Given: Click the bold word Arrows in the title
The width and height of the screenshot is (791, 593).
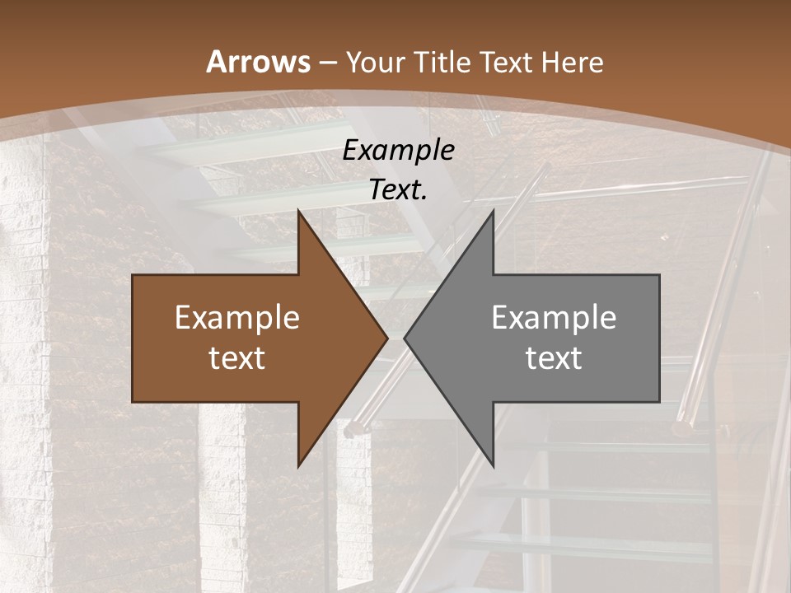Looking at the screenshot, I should click(259, 62).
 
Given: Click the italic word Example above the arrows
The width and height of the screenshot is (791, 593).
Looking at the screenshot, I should click(398, 151).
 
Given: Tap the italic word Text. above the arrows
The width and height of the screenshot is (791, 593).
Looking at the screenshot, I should click(398, 189).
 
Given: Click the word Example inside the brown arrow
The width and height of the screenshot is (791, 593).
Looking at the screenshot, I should click(236, 318).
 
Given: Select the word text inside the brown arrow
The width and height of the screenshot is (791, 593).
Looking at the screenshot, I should click(236, 357).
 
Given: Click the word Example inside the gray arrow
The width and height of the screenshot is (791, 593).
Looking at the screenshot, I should click(554, 318).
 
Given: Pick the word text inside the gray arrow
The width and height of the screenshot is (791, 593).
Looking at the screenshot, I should click(554, 357).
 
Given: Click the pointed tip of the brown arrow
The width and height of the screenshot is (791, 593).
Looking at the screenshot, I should click(387, 338).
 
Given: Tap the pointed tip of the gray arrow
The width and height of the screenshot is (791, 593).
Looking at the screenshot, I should click(405, 338).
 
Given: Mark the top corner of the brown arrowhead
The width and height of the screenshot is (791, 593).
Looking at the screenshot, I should click(298, 210).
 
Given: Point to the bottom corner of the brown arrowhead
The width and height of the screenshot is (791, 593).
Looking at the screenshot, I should click(298, 466).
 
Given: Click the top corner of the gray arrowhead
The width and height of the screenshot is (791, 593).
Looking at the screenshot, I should click(493, 210).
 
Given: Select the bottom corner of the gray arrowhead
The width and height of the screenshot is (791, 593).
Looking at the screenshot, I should click(493, 466).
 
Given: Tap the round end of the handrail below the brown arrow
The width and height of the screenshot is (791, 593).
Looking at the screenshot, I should click(353, 428).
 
